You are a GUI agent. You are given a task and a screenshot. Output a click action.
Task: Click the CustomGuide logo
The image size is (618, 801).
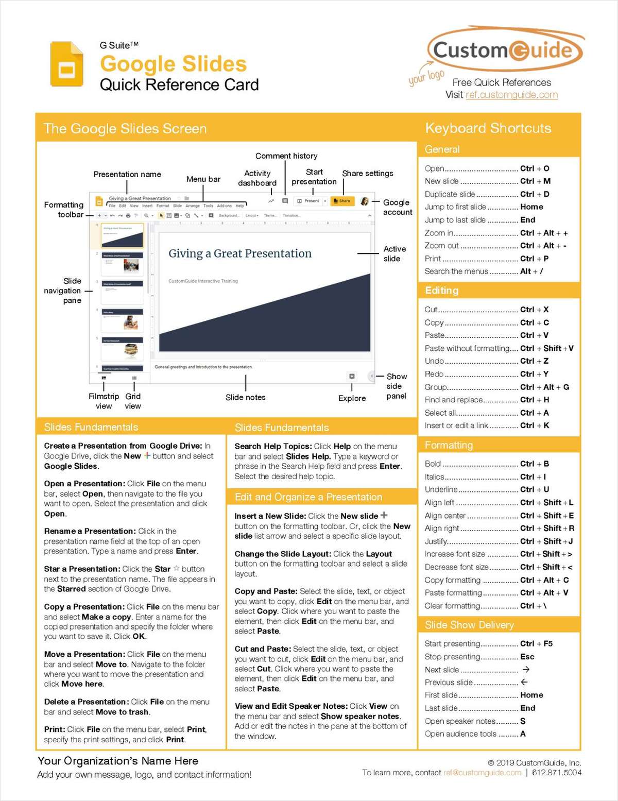click(505, 50)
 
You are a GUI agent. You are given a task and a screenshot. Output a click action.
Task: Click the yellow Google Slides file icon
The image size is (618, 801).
click(66, 64)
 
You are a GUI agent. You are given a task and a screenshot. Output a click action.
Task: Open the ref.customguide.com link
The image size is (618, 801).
click(511, 95)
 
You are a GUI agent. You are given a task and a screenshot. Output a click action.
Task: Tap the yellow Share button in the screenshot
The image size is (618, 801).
click(342, 201)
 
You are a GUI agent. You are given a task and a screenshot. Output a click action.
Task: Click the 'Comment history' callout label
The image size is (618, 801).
click(286, 156)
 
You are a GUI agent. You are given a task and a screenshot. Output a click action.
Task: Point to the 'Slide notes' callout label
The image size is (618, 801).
click(246, 398)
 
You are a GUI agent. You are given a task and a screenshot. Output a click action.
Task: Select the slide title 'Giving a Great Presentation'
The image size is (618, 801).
click(240, 253)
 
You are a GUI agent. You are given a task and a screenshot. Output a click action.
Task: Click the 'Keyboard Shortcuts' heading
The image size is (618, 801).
click(488, 128)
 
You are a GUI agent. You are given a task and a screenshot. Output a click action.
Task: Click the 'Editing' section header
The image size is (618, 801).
click(441, 291)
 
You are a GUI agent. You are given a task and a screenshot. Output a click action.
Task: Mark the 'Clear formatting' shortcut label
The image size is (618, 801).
click(452, 606)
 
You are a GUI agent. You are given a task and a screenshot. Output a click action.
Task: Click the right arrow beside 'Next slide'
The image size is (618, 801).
click(526, 670)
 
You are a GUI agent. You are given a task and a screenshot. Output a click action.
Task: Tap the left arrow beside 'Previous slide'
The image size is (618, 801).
click(524, 682)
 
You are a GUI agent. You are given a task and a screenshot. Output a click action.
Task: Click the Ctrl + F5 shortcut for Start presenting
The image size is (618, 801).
click(536, 644)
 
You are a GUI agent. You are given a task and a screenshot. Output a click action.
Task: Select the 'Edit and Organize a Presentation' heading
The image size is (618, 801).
click(308, 497)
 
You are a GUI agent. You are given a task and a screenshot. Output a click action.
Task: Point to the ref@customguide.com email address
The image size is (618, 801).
click(482, 773)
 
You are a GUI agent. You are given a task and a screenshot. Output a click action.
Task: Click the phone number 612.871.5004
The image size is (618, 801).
click(557, 773)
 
